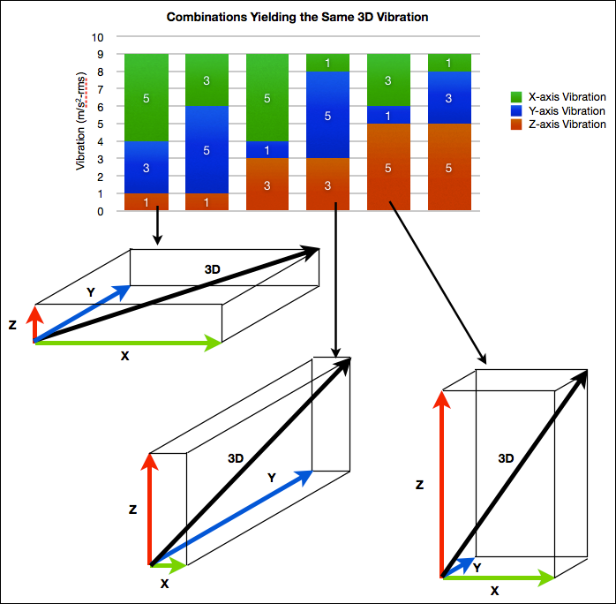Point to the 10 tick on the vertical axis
click(x=98, y=37)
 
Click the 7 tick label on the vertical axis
click(x=101, y=89)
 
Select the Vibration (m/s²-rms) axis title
click(x=81, y=124)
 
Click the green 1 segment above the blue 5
click(x=328, y=63)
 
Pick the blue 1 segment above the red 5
click(x=388, y=115)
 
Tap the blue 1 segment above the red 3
click(x=268, y=149)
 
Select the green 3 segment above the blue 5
click(x=207, y=80)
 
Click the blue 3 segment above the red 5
click(x=449, y=98)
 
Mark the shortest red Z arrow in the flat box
click(x=34, y=323)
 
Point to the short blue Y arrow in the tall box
click(x=455, y=566)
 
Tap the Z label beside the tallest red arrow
click(x=419, y=485)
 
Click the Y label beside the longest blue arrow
click(x=271, y=478)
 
